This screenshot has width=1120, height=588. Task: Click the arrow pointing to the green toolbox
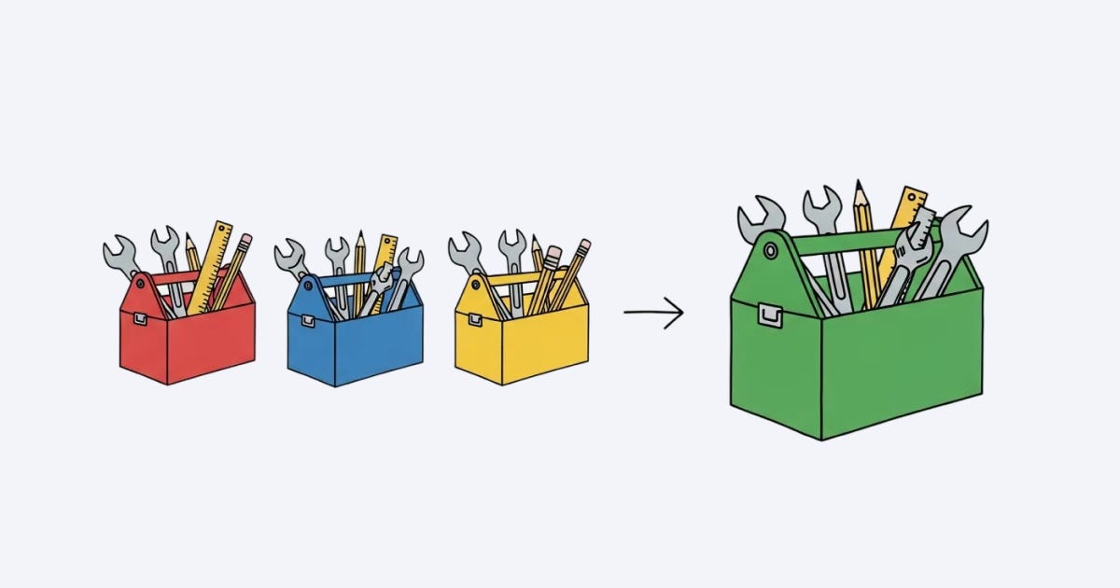[x=653, y=313]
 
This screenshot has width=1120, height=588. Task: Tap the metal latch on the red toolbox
[x=139, y=318]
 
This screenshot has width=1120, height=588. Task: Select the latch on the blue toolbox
[x=307, y=320]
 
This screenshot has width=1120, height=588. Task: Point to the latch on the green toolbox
[x=770, y=315]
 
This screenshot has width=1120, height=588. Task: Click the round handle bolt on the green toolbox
[x=770, y=251]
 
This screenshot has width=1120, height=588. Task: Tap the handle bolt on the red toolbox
[x=140, y=279]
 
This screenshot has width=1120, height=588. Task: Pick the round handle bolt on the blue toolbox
[x=307, y=280]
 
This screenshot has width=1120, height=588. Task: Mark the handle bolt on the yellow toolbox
[x=474, y=280]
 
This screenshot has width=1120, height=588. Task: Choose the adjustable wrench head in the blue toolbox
[x=382, y=276]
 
